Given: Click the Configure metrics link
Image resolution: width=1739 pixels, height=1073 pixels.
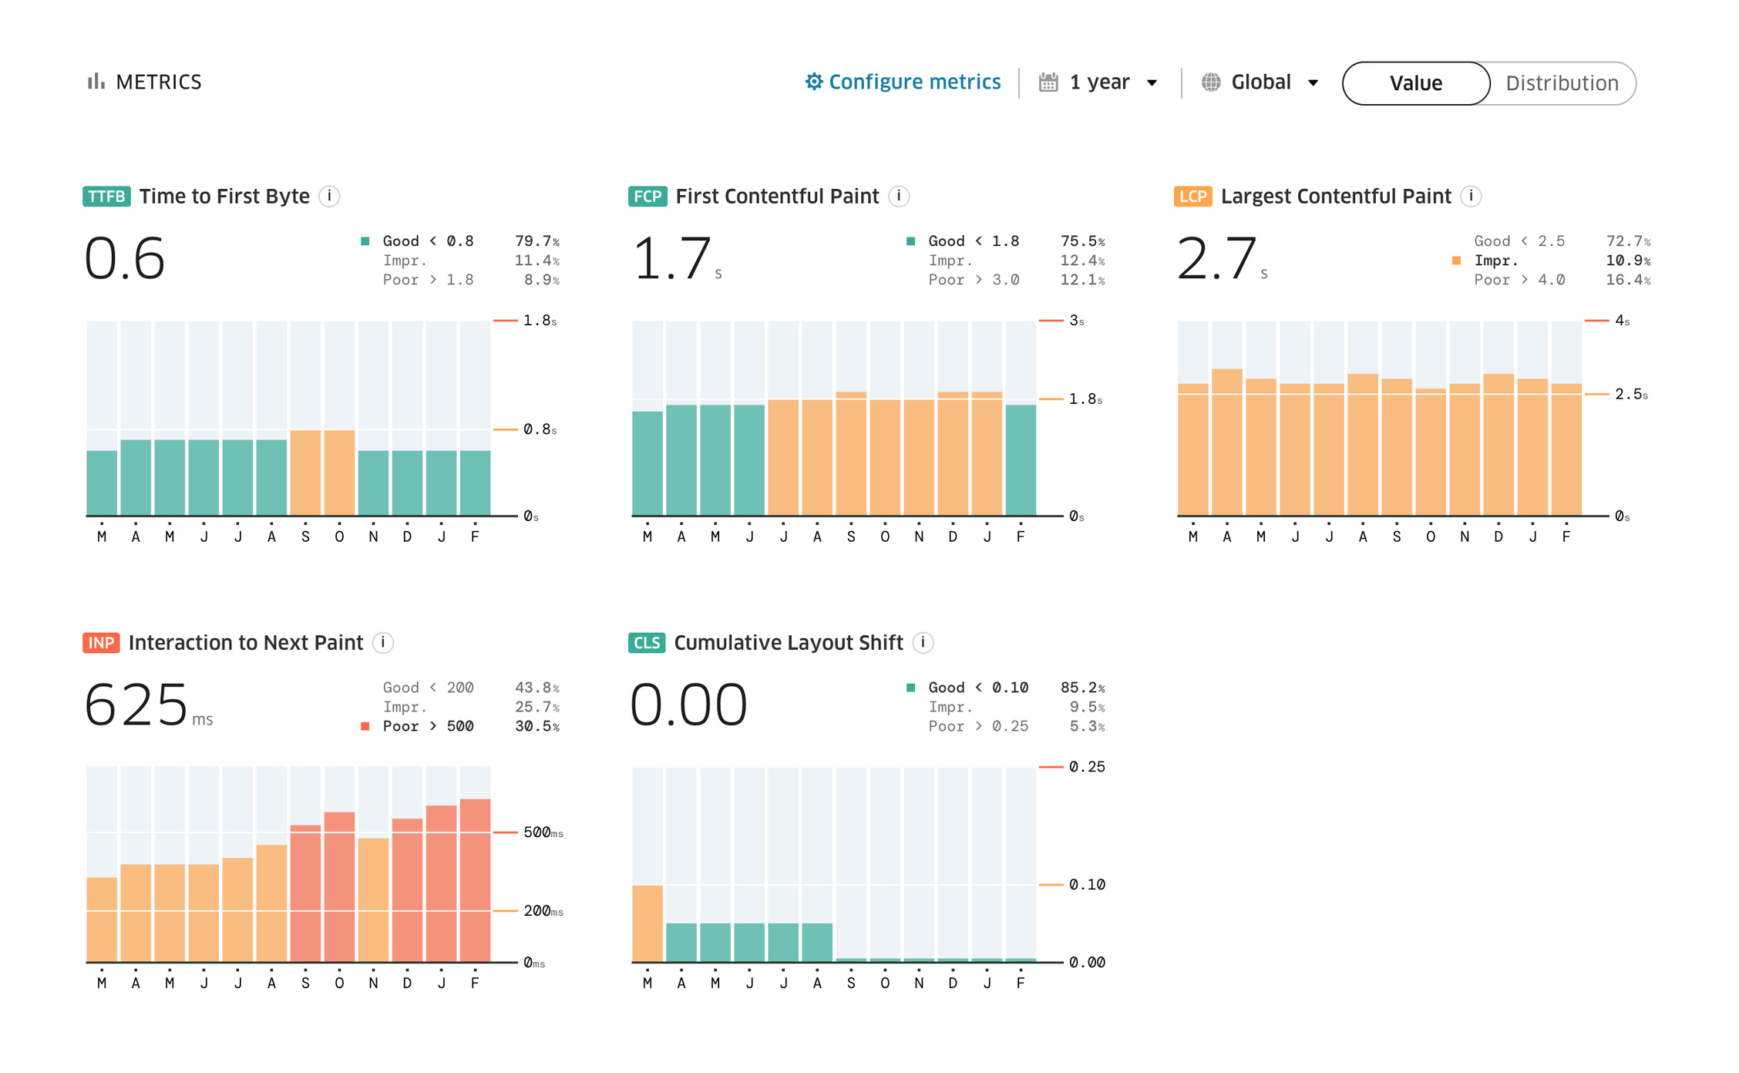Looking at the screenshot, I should (x=903, y=82).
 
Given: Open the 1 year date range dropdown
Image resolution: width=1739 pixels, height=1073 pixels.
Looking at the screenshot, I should (x=1098, y=82).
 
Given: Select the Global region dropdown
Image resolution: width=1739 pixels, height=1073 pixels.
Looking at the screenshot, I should (x=1260, y=82).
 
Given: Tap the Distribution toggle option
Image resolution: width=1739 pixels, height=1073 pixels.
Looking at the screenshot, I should (x=1562, y=83).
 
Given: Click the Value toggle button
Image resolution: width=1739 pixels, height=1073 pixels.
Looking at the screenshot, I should (x=1415, y=83).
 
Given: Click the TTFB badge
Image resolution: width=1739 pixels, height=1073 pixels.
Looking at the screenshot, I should (x=106, y=197).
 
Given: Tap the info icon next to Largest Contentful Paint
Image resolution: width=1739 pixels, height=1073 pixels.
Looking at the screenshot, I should (x=1471, y=197).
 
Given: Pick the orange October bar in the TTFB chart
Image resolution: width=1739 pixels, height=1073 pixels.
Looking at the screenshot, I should (x=339, y=473).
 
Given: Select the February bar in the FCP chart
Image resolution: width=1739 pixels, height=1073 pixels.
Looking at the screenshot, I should (x=1021, y=460).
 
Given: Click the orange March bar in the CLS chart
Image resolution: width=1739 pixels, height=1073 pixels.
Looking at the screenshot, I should (x=647, y=923).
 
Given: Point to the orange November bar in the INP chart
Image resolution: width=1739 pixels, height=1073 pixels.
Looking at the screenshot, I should (x=373, y=900).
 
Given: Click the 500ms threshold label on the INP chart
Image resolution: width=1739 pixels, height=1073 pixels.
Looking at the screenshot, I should (x=543, y=832).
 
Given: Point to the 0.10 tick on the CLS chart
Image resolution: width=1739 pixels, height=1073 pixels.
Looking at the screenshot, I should (x=1087, y=885).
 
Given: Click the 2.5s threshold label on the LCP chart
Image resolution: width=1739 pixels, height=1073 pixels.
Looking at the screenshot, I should (x=1631, y=395).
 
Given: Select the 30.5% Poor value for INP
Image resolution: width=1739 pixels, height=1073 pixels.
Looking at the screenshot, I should (x=537, y=726).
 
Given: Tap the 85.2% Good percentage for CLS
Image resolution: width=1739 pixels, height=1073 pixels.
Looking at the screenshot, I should (x=1082, y=688).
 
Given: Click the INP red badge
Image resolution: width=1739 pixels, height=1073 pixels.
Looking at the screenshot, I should (x=101, y=643).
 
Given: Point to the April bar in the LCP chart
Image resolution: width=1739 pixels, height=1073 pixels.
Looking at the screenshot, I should (x=1227, y=442).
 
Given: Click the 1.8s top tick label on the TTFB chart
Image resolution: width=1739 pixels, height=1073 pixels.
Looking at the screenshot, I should (x=540, y=321).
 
